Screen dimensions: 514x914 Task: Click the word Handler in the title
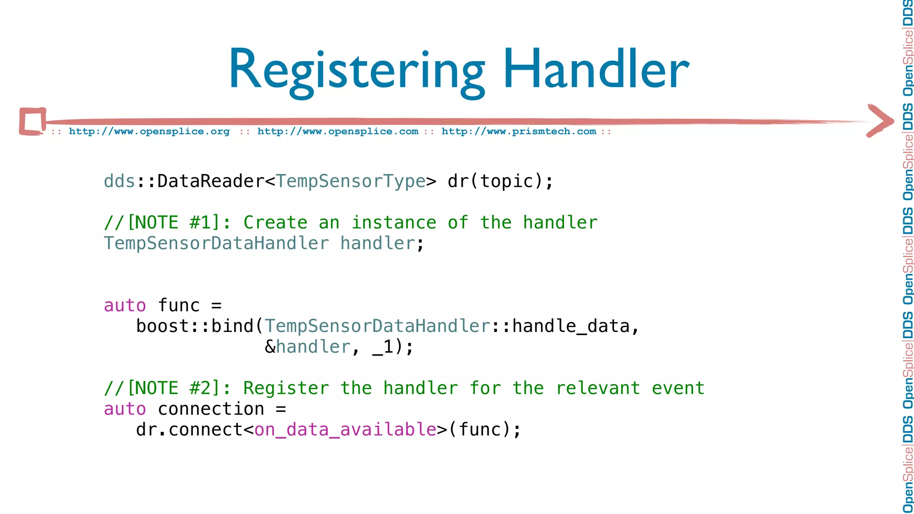596,70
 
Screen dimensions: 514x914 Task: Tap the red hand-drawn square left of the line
33,121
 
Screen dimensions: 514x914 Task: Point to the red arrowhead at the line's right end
880,120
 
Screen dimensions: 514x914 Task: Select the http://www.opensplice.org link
149,132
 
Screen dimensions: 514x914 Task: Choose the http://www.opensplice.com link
338,132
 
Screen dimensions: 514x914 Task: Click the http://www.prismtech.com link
519,132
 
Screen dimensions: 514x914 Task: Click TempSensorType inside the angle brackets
351,181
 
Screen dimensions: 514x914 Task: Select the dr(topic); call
500,181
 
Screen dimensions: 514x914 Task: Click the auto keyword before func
125,306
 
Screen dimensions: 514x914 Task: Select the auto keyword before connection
125,409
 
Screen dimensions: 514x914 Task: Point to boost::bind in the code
195,326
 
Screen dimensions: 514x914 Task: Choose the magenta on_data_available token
345,430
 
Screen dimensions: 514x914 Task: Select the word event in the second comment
678,388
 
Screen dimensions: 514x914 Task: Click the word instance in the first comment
394,223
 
